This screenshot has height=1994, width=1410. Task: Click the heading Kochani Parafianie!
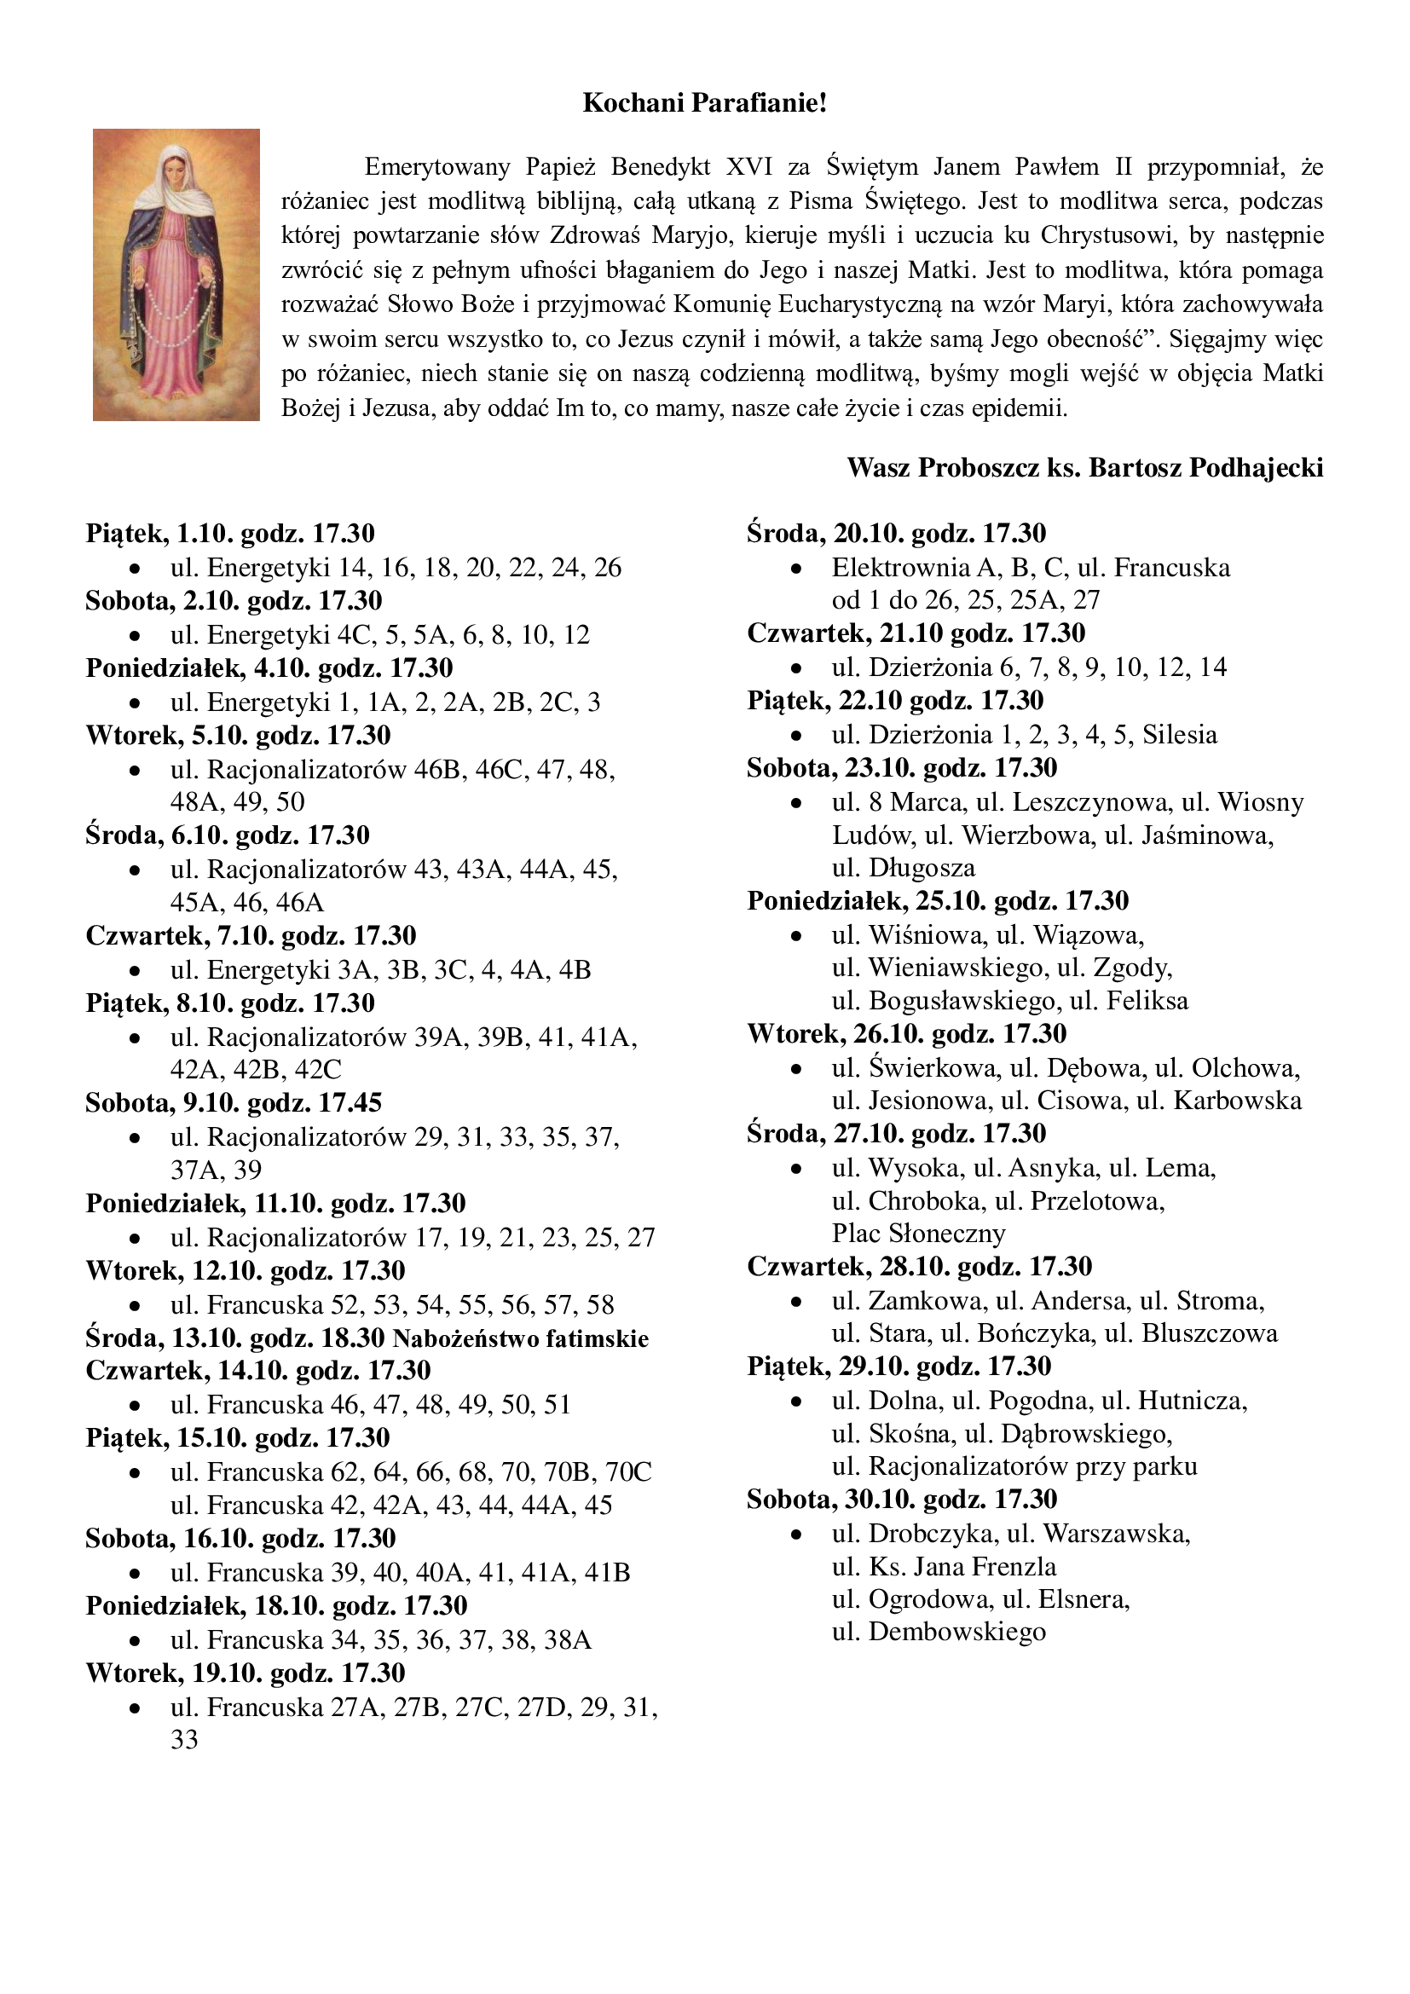pos(704,103)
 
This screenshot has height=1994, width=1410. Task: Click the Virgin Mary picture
pos(176,275)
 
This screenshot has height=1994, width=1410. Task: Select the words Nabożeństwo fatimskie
pos(521,1338)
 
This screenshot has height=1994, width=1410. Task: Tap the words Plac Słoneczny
pos(919,1234)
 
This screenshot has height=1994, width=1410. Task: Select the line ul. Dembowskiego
pos(939,1632)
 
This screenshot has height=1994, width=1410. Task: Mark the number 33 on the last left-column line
pos(184,1740)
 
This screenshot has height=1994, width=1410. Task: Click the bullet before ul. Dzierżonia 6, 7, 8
pos(796,668)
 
